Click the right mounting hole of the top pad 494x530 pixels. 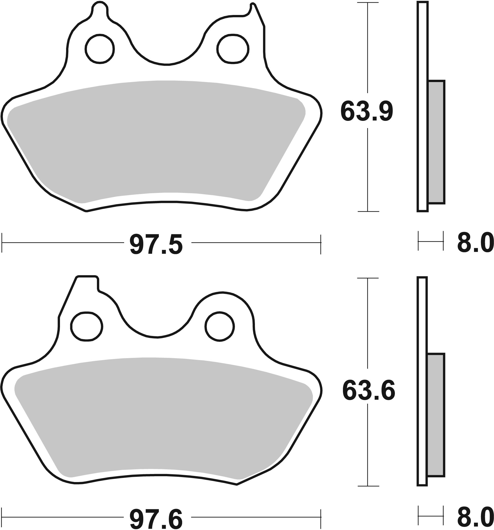point(232,49)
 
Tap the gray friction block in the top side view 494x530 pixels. point(436,142)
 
